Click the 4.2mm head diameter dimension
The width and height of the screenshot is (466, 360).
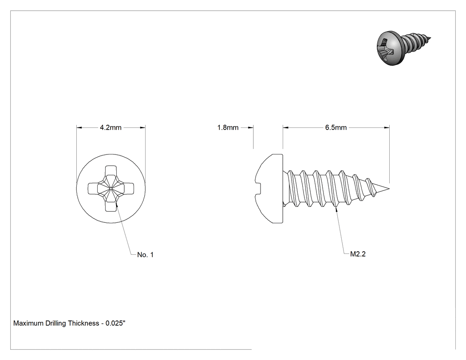point(111,127)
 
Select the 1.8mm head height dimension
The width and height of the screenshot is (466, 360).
point(228,127)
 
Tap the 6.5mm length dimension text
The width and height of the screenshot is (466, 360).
point(336,127)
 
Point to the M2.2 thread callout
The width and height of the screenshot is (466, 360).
point(358,254)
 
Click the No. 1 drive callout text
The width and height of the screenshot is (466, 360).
point(145,255)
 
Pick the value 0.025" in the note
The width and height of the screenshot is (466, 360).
point(115,323)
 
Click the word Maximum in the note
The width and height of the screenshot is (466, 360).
point(28,323)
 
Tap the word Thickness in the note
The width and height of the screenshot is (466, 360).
point(83,323)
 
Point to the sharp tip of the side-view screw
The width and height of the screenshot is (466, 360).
point(389,189)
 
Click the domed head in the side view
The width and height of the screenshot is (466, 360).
point(269,189)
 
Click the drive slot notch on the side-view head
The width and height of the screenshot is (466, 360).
point(258,189)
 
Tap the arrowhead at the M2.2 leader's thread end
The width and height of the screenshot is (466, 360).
point(336,209)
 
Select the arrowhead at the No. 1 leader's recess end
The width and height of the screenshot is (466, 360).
point(117,205)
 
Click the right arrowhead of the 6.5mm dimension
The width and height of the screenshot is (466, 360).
point(387,127)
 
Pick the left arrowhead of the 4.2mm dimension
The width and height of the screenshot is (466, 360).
point(79,127)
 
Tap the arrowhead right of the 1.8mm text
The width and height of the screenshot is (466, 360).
point(251,127)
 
